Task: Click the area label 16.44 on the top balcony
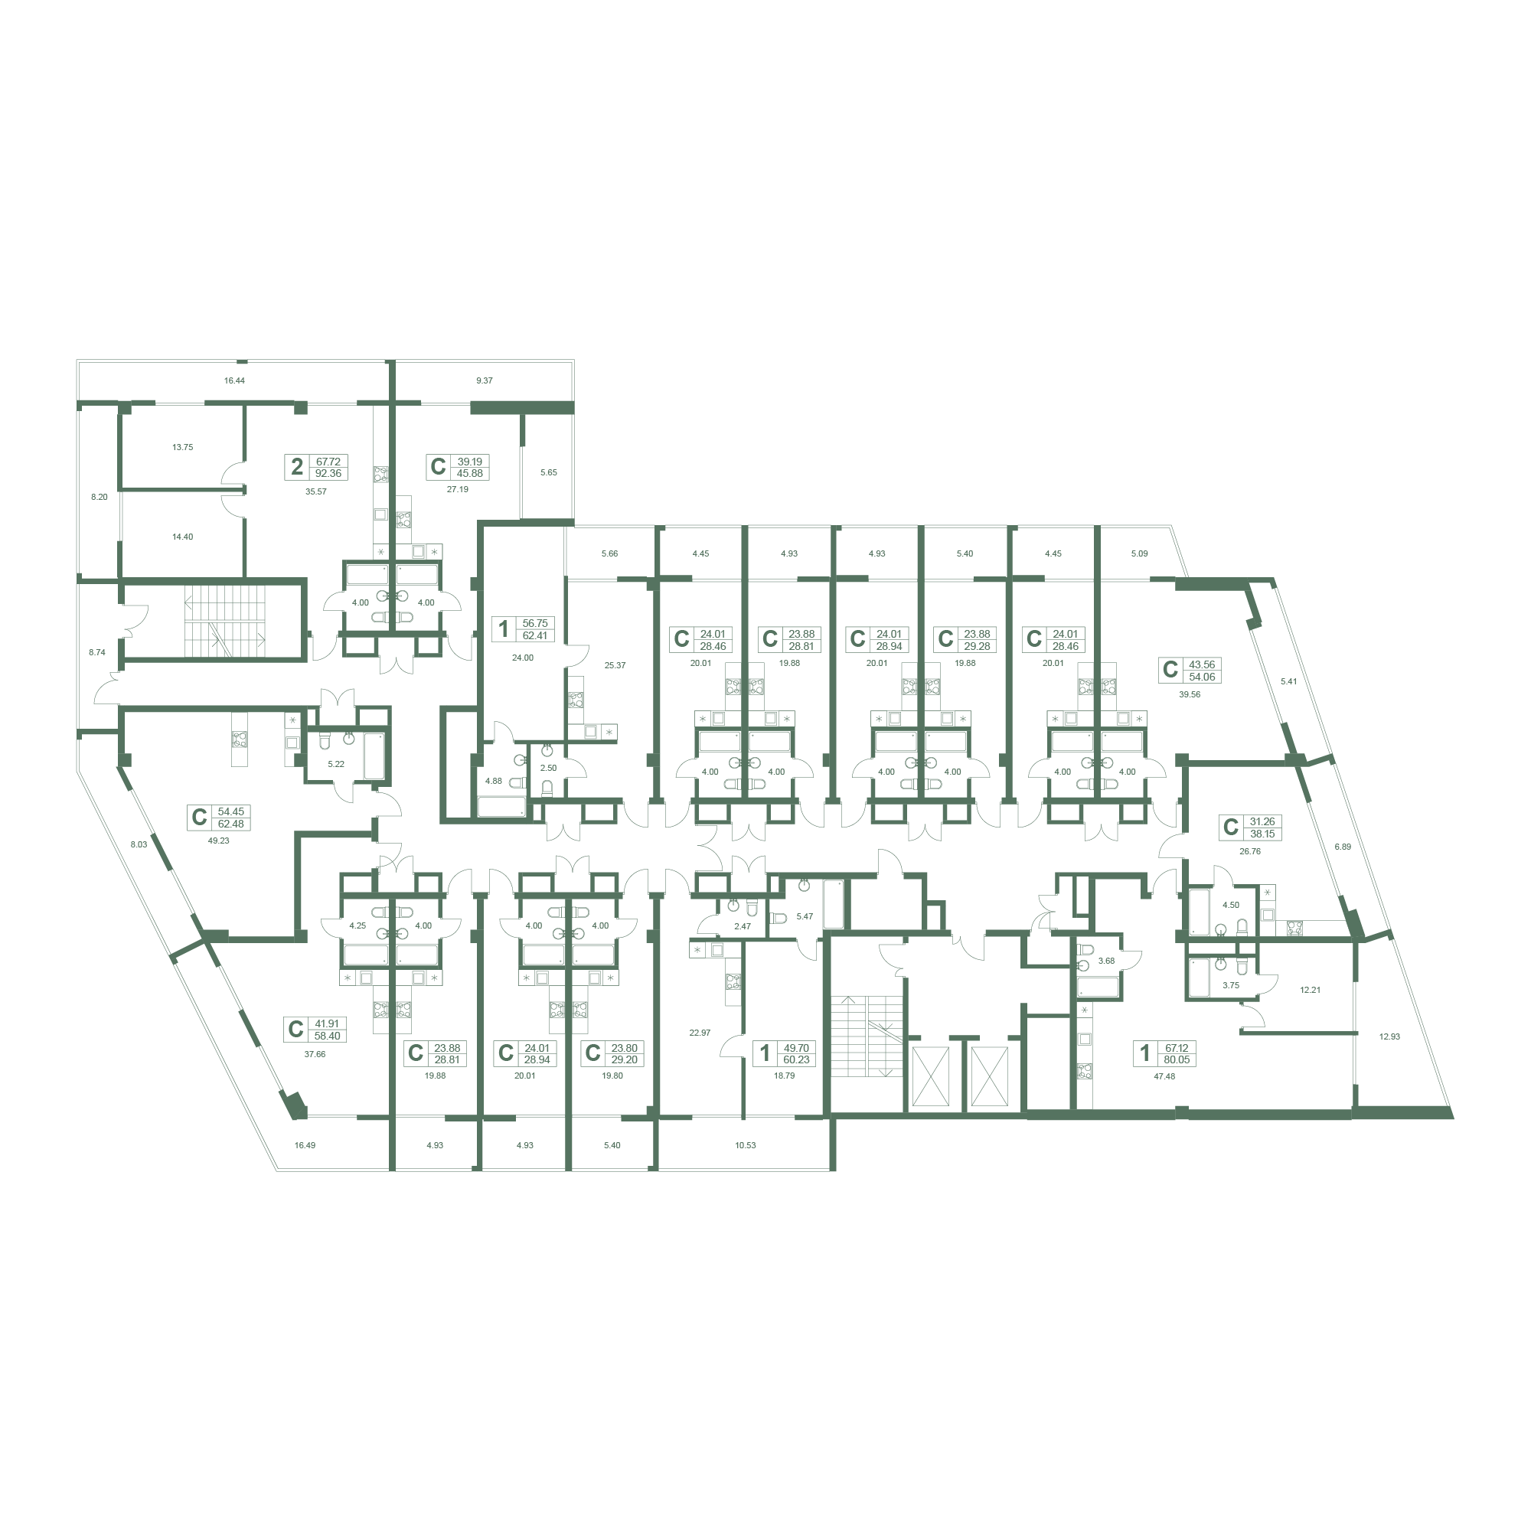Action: point(234,380)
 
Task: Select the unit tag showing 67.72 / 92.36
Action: point(316,468)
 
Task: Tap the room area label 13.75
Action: point(182,447)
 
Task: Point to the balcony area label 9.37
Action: point(485,380)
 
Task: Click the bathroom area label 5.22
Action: point(336,764)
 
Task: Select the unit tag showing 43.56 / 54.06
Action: point(1190,671)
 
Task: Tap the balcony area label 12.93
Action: point(1389,1036)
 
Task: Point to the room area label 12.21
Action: point(1310,990)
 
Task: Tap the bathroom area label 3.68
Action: point(1106,961)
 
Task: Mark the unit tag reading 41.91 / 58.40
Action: point(315,1030)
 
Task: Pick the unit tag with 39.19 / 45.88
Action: point(458,467)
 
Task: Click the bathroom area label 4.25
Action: point(357,925)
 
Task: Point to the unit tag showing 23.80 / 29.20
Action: point(612,1053)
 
